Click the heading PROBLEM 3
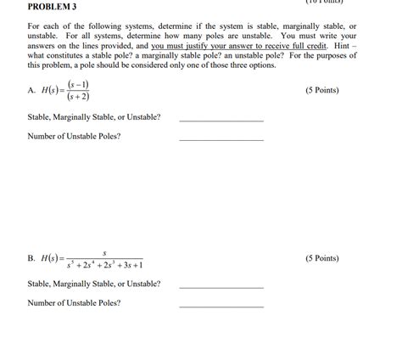click(x=53, y=8)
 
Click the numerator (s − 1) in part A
click(x=81, y=85)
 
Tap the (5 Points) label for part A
click(x=321, y=90)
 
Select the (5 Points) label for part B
click(x=321, y=258)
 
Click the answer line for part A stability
click(x=221, y=121)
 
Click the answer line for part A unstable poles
click(x=221, y=139)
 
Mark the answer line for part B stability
click(x=221, y=288)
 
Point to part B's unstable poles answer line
click(x=221, y=307)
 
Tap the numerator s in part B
click(x=103, y=251)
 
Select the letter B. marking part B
click(x=31, y=258)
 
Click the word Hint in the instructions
click(x=341, y=45)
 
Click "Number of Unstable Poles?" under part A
click(x=74, y=136)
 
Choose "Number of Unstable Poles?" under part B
click(x=74, y=302)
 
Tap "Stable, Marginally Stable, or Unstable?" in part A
click(x=94, y=116)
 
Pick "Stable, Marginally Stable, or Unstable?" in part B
click(x=94, y=284)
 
